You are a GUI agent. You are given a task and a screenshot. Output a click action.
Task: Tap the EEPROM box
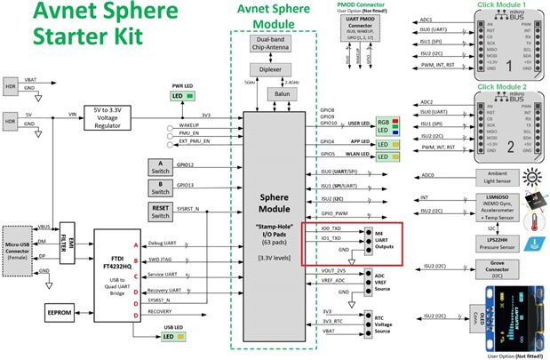pos(61,312)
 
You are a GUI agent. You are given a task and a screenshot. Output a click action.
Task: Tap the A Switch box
pos(160,165)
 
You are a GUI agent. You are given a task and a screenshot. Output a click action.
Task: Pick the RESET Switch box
pos(160,210)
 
